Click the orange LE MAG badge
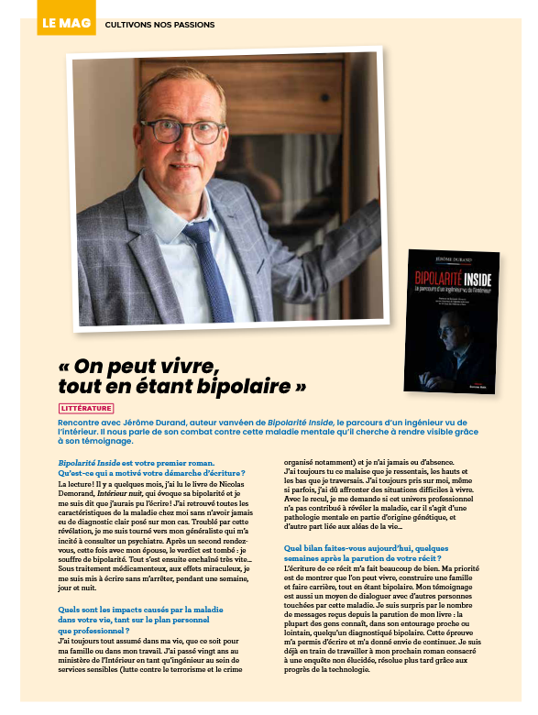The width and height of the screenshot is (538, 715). (66, 23)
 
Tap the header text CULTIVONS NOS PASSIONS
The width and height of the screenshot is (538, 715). (160, 25)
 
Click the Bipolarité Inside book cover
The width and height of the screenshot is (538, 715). (452, 321)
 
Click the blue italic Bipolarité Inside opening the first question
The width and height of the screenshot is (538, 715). (91, 462)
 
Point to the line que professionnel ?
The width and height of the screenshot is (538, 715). (93, 630)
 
